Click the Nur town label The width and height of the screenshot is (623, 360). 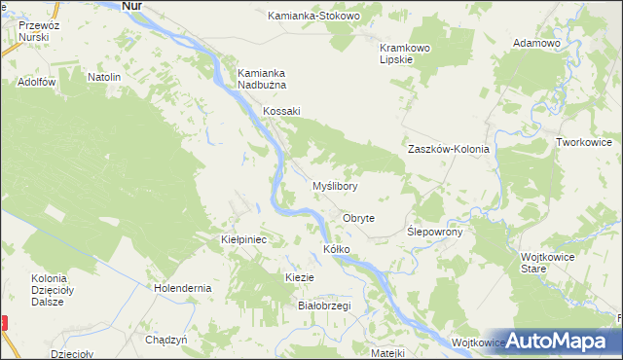coord(136,6)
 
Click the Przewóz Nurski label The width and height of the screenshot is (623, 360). coord(25,32)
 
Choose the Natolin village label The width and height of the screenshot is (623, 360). coord(104,77)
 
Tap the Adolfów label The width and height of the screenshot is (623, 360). coord(36,83)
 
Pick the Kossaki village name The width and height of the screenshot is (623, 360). coord(281,111)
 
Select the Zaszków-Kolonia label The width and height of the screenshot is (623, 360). coord(448,150)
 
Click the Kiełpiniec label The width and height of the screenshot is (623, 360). coord(244,238)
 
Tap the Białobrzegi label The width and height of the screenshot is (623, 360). coord(323,306)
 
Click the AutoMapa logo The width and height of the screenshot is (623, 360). coord(559,341)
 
